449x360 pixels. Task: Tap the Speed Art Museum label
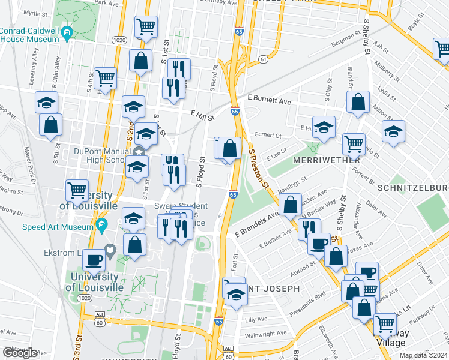tap(56, 227)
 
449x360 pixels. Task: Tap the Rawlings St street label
tap(292, 184)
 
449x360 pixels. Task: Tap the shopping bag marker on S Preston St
tap(229, 148)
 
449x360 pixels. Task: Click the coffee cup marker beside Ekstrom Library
tap(94, 260)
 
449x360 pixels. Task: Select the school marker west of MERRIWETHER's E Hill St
tap(324, 127)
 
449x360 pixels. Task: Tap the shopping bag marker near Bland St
tap(358, 103)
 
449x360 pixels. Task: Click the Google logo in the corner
tap(20, 353)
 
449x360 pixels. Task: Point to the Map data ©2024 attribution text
tap(424, 355)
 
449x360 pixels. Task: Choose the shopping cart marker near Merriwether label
tap(354, 144)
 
